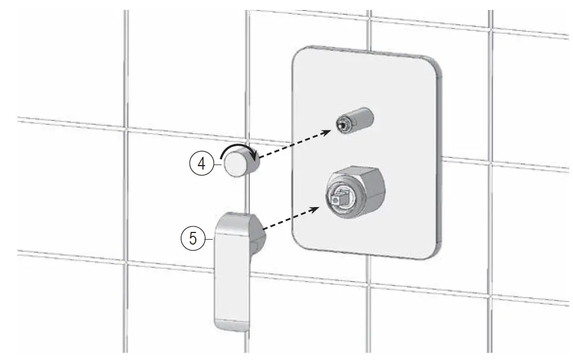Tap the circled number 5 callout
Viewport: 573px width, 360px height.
coord(193,238)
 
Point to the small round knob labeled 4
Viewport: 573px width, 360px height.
coord(237,165)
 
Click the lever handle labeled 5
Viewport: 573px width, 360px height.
coord(233,271)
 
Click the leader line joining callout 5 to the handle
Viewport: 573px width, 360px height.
coord(209,238)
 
